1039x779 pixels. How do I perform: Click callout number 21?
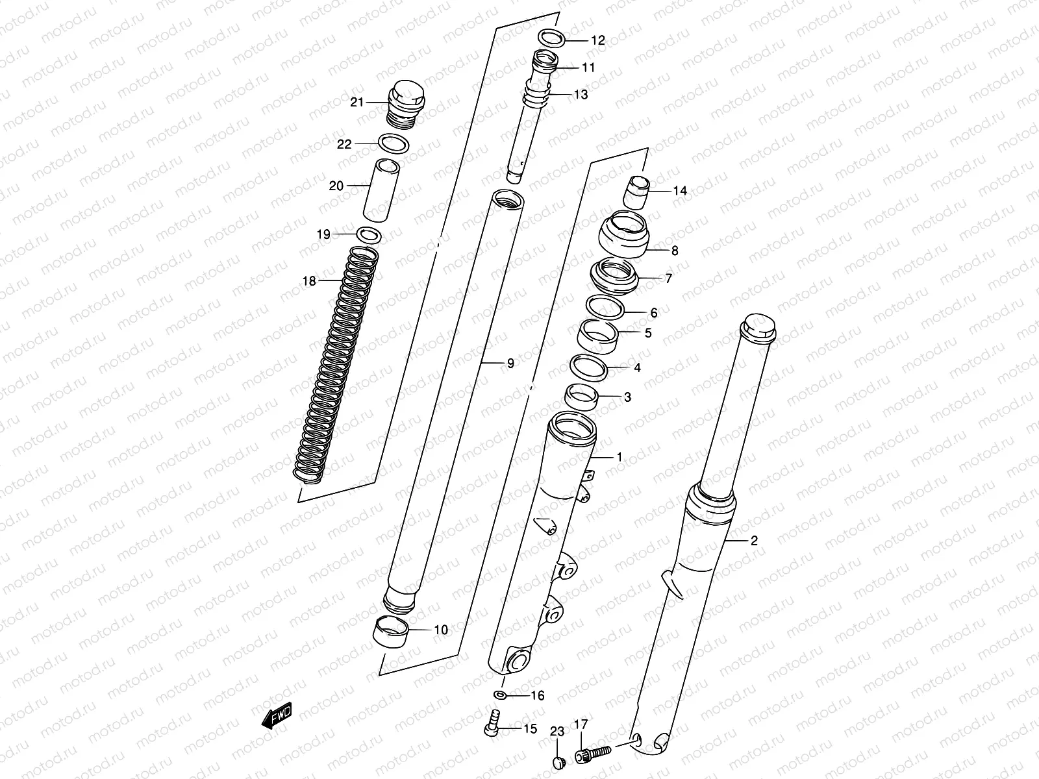357,102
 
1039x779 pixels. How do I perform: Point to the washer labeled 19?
368,234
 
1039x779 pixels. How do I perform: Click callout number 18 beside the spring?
309,281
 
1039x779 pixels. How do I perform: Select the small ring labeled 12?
551,38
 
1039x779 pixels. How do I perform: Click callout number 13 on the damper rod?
580,95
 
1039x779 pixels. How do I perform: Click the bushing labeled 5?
598,336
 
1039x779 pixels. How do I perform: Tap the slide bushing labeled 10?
392,630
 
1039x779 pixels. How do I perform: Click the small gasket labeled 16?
501,695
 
